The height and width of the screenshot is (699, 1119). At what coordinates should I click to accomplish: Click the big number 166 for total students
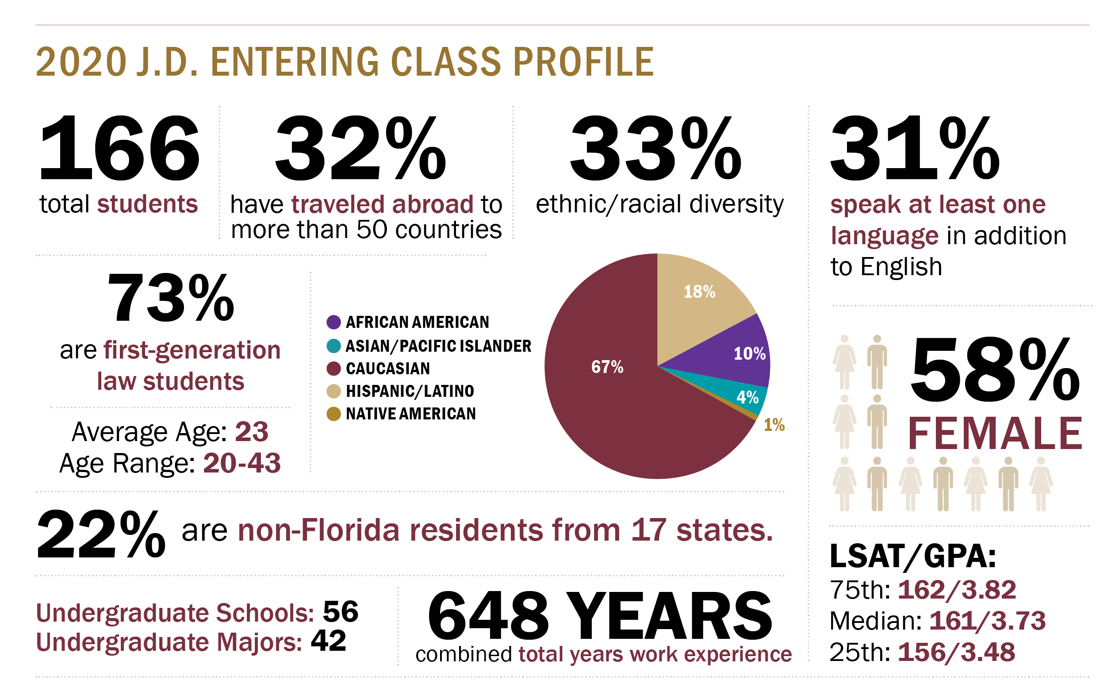tap(119, 149)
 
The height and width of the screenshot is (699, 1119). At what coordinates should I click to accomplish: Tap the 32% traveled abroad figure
tap(360, 149)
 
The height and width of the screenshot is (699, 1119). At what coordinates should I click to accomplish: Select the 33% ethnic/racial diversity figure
tap(655, 149)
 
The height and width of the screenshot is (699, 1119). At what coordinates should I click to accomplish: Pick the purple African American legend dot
tap(333, 322)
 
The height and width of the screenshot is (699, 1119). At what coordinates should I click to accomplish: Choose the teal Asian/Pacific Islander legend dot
tap(333, 346)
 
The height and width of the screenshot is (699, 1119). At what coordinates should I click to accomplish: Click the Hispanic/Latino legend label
tap(410, 391)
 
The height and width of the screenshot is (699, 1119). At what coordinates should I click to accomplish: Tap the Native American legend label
tap(411, 414)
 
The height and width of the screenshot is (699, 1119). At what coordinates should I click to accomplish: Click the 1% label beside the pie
tap(774, 425)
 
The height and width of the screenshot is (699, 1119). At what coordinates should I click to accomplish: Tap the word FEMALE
tap(995, 434)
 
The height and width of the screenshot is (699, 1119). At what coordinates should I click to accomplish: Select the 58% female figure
tap(995, 370)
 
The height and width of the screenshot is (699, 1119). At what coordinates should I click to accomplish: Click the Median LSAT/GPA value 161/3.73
tap(987, 621)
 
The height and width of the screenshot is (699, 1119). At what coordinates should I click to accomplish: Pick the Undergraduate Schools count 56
tap(341, 612)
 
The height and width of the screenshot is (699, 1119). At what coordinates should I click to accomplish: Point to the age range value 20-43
tap(242, 463)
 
